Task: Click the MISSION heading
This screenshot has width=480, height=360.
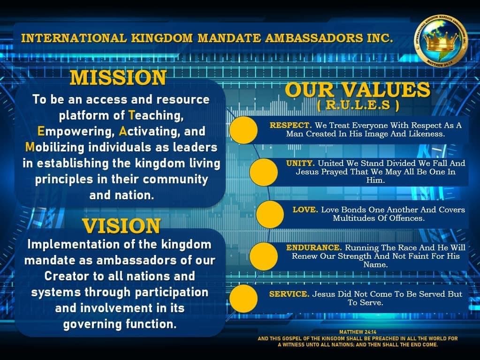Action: [118, 78]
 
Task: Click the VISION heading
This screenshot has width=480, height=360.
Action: [121, 226]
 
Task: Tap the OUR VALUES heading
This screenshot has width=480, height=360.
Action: [358, 90]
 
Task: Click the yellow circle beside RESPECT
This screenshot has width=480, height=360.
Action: [244, 130]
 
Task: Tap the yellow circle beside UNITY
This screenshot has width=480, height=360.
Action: [264, 172]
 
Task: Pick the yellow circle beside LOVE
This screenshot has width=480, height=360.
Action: [270, 214]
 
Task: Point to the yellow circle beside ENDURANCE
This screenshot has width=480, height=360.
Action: [264, 256]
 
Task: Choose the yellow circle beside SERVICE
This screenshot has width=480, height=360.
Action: [244, 299]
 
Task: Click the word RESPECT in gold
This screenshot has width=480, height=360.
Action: [290, 126]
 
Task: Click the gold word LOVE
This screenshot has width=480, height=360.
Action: [305, 210]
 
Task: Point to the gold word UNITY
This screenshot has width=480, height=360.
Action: [300, 163]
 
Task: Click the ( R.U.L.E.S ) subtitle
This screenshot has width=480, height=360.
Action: [358, 105]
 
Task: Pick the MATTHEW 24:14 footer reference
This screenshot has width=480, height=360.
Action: [358, 332]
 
